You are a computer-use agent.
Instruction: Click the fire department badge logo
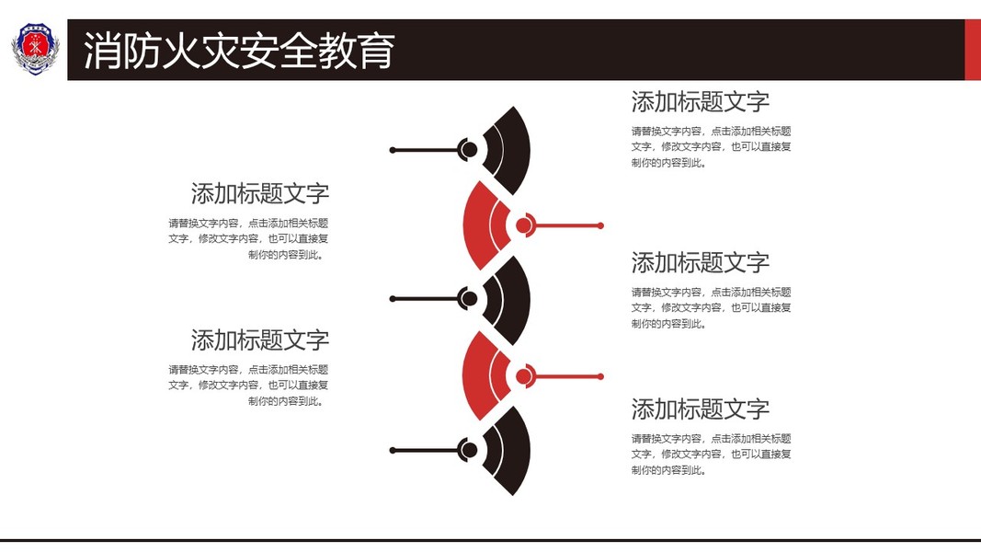34,50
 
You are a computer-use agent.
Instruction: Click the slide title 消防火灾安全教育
239,51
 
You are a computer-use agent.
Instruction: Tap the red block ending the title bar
972,50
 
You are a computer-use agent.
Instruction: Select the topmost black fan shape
510,150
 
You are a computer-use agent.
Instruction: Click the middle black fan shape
510,299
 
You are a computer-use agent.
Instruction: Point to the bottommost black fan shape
510,450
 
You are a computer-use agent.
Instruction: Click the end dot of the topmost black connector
393,150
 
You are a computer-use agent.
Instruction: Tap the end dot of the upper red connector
600,225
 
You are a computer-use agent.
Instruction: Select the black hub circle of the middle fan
468,299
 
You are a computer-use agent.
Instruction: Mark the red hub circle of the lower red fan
524,376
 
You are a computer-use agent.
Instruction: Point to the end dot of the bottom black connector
393,450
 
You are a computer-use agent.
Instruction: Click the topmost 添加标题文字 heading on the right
700,101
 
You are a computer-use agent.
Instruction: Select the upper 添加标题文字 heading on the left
260,193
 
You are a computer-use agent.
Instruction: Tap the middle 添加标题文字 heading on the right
700,262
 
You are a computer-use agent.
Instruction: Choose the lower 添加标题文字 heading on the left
260,339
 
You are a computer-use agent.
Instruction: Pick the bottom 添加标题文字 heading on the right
700,408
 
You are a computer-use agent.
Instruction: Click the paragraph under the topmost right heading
711,147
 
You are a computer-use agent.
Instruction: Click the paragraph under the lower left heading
249,385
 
